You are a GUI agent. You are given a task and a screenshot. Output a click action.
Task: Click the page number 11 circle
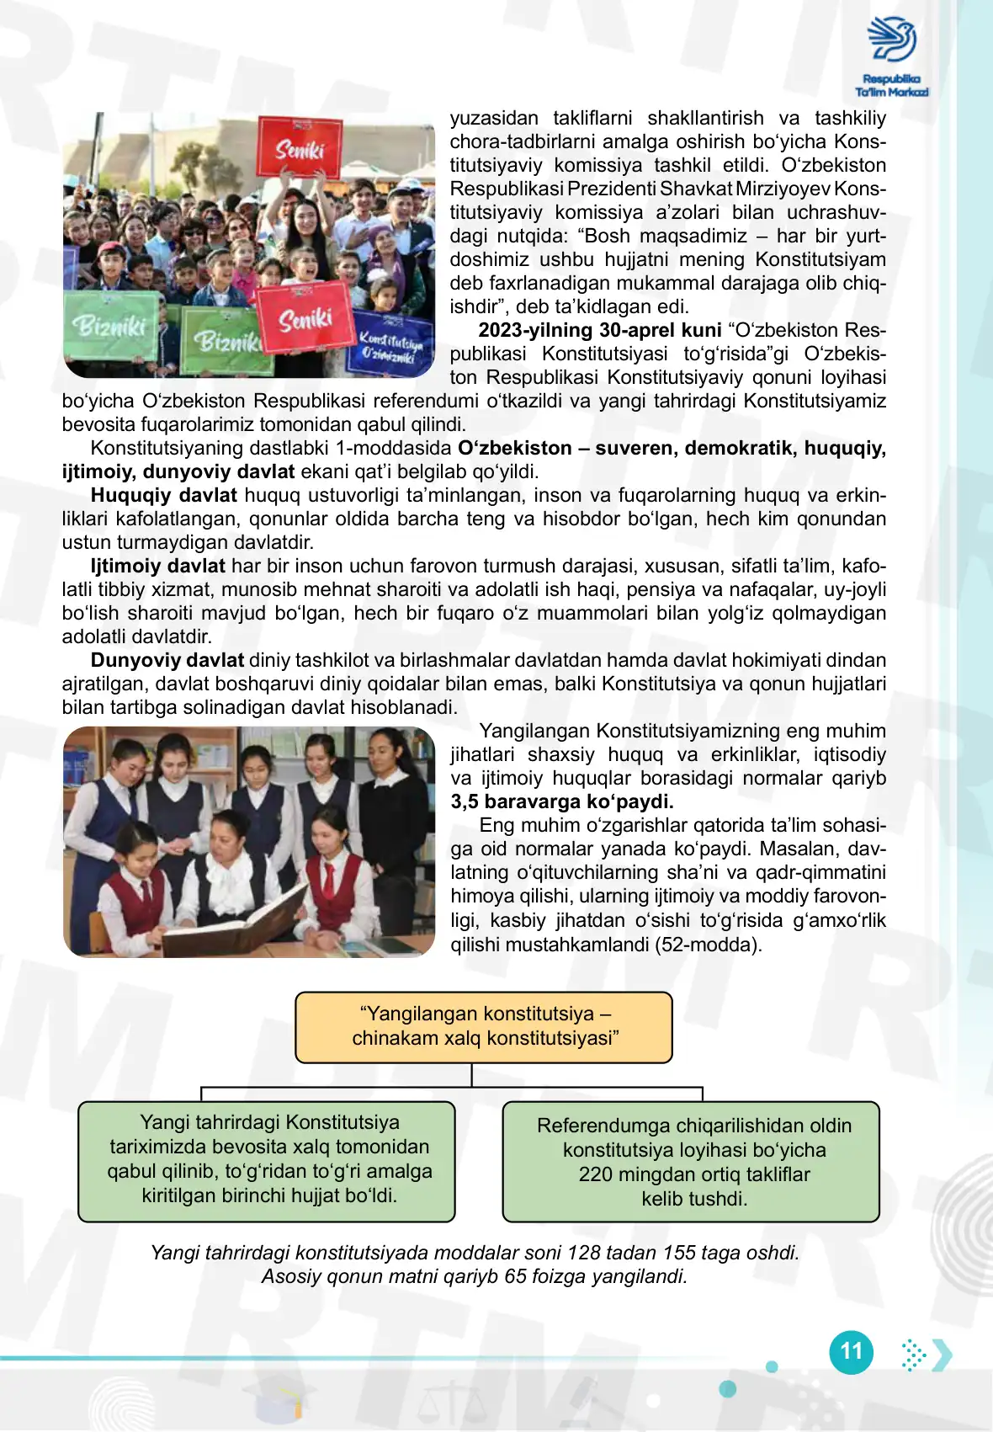pyautogui.click(x=851, y=1352)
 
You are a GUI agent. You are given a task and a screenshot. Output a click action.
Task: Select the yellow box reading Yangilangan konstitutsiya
pyautogui.click(x=484, y=1026)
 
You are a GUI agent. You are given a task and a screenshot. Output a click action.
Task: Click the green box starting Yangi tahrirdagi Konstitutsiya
pyautogui.click(x=267, y=1160)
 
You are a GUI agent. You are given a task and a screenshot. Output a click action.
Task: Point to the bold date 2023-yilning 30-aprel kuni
pyautogui.click(x=599, y=330)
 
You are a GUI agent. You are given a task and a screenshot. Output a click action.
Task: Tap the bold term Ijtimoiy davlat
pyautogui.click(x=157, y=566)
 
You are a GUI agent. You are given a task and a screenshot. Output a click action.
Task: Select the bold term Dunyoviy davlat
pyautogui.click(x=167, y=660)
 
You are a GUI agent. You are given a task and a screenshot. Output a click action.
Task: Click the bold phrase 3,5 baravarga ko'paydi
pyautogui.click(x=562, y=801)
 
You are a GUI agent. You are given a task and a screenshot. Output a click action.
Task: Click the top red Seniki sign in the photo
pyautogui.click(x=300, y=148)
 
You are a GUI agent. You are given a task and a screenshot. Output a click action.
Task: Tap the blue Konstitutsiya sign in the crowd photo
pyautogui.click(x=390, y=345)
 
